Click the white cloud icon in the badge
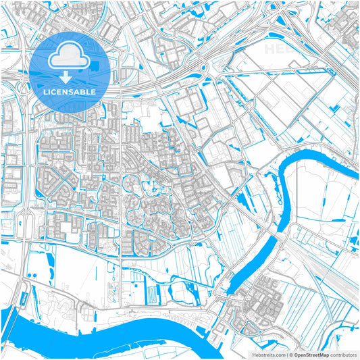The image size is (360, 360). click(x=70, y=56)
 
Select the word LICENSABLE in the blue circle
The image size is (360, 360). click(x=70, y=91)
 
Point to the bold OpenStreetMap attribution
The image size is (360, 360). click(x=311, y=354)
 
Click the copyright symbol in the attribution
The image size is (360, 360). click(x=290, y=354)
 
